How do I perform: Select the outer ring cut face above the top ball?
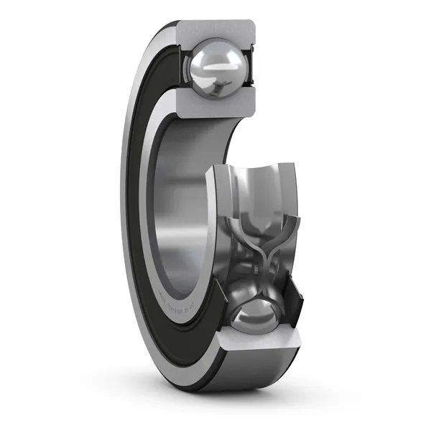tap(215, 31)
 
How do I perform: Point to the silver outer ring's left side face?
tap(129, 215)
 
